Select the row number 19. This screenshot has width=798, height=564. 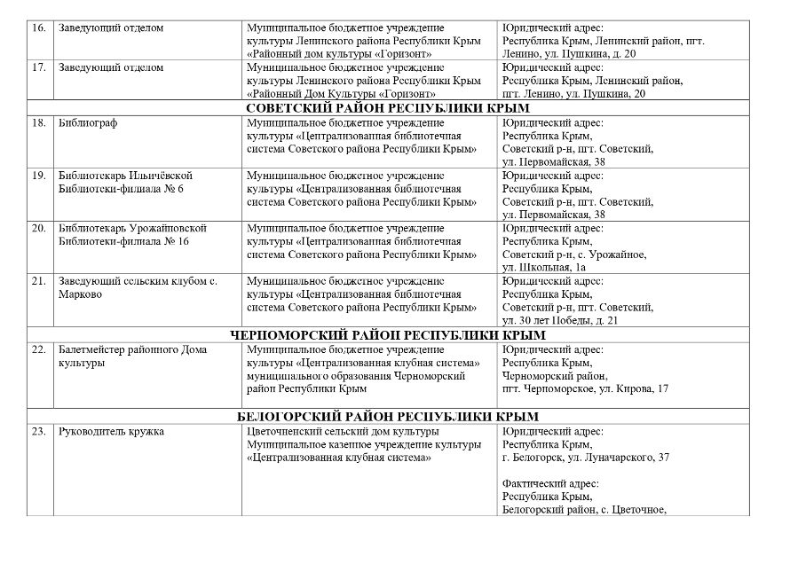38,176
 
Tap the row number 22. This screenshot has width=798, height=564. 38,349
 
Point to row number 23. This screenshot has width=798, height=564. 38,432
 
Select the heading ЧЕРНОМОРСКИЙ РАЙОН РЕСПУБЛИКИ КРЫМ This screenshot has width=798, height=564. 388,335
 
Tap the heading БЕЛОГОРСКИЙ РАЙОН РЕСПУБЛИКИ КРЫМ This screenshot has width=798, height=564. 388,417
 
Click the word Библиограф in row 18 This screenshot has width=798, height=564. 87,122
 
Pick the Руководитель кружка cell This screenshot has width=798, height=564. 111,432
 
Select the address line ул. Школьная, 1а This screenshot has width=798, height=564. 543,267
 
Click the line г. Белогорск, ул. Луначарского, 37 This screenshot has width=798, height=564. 585,458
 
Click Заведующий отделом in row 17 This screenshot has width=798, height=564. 111,67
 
